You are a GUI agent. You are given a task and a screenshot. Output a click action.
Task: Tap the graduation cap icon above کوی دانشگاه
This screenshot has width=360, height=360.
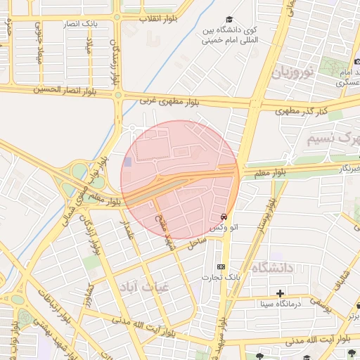coord(229,20)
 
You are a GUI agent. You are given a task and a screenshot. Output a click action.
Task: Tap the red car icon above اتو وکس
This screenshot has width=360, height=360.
coord(224,217)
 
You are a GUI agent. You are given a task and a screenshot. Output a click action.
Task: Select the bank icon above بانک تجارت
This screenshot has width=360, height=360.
coord(221,267)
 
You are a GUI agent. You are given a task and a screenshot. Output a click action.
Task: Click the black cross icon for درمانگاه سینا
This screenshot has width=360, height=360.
coord(281,292)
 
